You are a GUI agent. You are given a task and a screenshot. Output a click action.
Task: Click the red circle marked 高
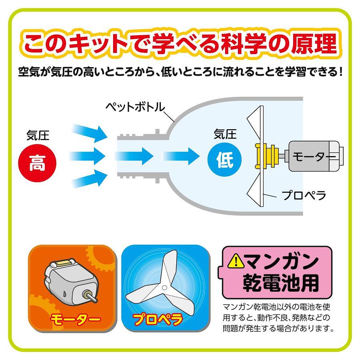(37, 163)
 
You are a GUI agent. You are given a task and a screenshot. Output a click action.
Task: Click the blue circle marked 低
(224, 160)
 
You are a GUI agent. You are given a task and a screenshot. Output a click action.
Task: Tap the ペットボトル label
(136, 107)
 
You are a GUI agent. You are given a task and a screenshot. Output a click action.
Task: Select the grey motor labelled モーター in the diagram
(316, 156)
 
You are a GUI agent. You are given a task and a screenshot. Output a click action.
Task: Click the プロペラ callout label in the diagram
(304, 195)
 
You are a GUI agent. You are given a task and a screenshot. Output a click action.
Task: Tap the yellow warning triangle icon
(236, 262)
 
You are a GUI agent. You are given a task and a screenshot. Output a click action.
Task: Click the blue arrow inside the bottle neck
(134, 156)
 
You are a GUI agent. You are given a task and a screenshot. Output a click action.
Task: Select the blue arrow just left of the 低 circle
(180, 156)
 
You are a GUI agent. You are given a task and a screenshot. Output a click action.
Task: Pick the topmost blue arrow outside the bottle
(90, 133)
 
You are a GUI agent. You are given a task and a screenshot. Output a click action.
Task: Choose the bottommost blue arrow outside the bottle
(90, 179)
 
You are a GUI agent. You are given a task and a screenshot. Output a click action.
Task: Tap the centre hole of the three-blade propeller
(164, 288)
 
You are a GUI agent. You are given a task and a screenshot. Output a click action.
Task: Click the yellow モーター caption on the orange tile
(76, 319)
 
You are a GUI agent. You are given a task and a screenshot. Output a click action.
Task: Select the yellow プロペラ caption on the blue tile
(158, 319)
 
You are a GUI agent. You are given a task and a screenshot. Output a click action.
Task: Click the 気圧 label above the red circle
(38, 136)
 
